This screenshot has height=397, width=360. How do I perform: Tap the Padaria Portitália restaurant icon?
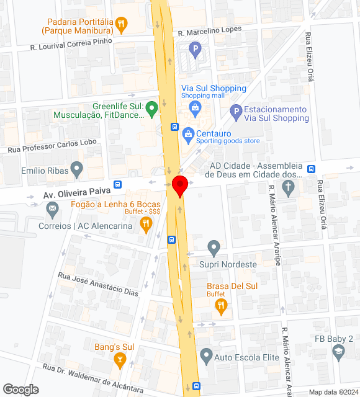(122, 25)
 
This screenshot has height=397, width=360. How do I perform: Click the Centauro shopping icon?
(187, 133)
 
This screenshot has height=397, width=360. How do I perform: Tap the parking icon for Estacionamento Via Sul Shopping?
(235, 112)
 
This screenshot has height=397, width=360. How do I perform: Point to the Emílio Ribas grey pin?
(76, 169)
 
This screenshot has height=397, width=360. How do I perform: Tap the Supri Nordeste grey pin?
(214, 248)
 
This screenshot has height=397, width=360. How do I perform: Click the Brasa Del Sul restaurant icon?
(222, 305)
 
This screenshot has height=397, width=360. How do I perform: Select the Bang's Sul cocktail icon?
(120, 360)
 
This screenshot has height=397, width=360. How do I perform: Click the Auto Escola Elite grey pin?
(206, 356)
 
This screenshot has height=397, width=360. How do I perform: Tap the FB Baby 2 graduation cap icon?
(338, 352)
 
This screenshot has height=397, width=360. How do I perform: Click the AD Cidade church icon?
(287, 189)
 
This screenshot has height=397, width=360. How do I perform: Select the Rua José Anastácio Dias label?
(98, 283)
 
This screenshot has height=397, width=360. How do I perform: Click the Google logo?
(20, 390)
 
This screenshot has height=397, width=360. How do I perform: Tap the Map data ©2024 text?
(333, 392)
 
